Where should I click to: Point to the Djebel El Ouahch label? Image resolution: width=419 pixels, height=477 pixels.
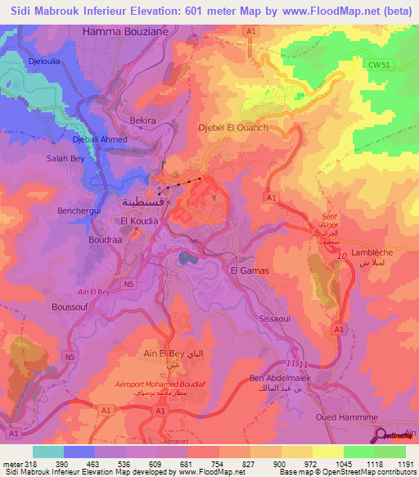pos(233,128)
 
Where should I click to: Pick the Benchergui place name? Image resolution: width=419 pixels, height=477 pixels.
pos(79,211)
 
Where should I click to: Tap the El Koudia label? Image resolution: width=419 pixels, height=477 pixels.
pos(139,221)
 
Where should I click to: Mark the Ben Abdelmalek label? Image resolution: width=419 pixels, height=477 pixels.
pos(281,379)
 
